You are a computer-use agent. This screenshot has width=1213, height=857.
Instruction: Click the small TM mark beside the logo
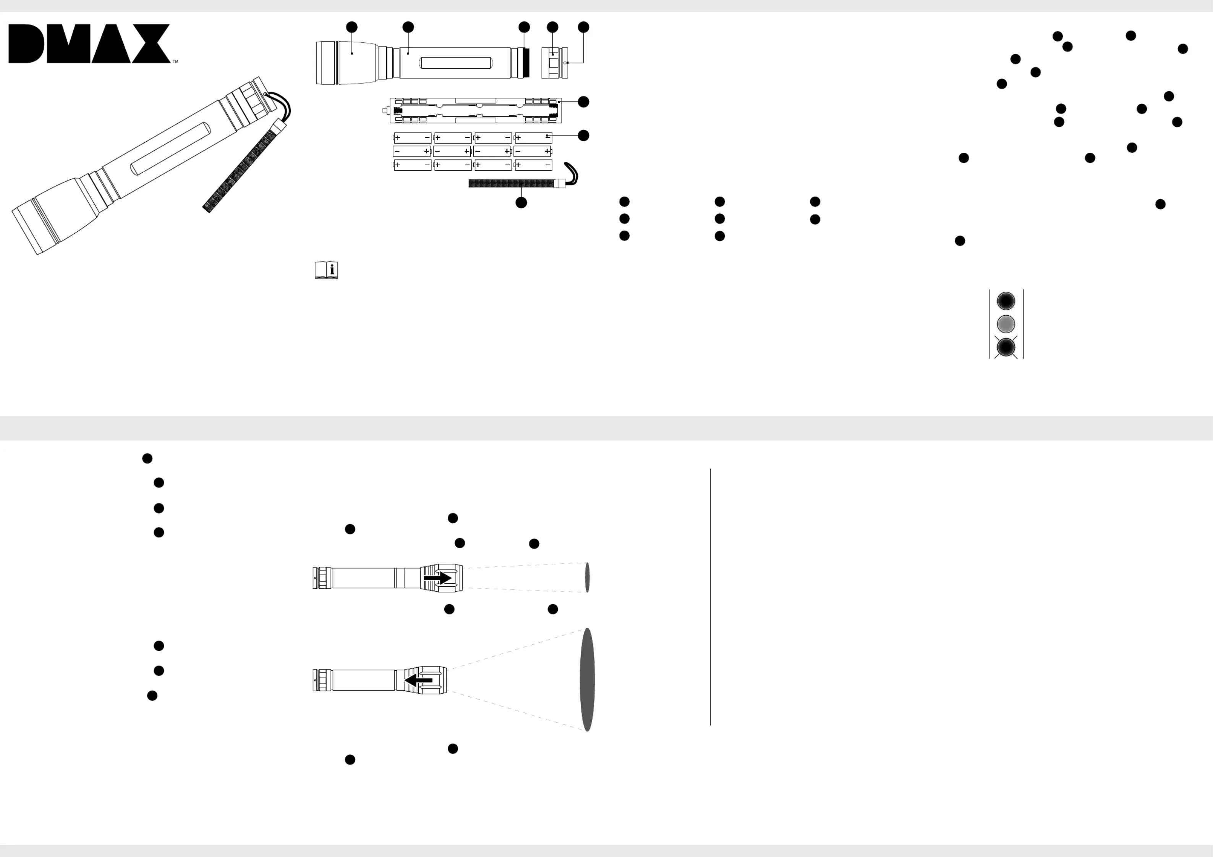(175, 62)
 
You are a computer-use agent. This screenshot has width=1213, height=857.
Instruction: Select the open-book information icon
(326, 270)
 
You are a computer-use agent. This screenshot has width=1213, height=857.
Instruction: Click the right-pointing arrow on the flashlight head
(437, 578)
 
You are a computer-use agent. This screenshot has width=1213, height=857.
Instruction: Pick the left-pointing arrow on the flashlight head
(418, 680)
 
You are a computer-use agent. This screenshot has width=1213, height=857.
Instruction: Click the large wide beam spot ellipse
(587, 679)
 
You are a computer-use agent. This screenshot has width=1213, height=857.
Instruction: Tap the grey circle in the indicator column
(1006, 323)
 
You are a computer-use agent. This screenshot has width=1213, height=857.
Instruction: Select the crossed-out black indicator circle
(1006, 347)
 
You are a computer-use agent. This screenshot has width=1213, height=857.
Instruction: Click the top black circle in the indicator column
(1006, 300)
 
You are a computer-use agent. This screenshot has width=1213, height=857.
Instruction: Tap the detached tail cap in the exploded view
(555, 63)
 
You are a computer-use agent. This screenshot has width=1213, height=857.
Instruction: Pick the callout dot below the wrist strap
(521, 202)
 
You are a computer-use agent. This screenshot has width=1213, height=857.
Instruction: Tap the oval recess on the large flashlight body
(170, 148)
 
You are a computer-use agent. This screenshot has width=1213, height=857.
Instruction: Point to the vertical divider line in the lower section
(711, 597)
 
